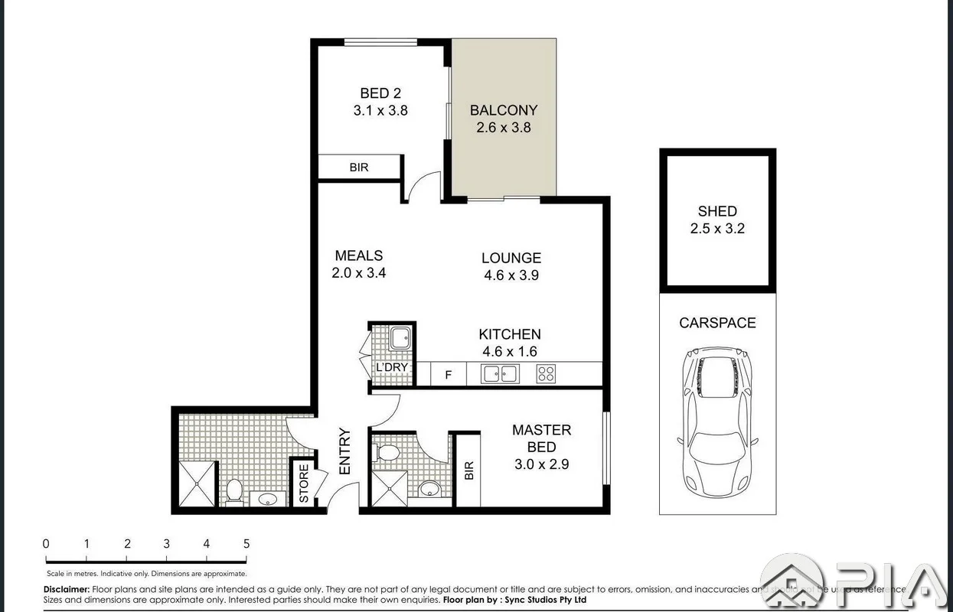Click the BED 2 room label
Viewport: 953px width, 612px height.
click(x=380, y=93)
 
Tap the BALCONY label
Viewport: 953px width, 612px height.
click(x=503, y=110)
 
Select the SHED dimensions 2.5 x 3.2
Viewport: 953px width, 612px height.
click(x=717, y=228)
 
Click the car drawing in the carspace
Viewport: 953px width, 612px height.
click(x=717, y=420)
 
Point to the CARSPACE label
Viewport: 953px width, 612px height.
click(x=717, y=323)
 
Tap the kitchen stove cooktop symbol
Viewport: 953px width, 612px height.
click(x=546, y=374)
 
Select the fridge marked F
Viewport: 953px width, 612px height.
click(x=448, y=375)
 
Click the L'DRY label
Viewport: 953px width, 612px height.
click(x=391, y=368)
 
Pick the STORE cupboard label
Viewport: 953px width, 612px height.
click(x=304, y=483)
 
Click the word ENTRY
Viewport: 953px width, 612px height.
click(x=344, y=451)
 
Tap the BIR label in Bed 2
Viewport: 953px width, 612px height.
click(x=359, y=167)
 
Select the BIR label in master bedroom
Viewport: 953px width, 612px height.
click(x=468, y=470)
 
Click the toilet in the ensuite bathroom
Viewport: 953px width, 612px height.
click(x=388, y=452)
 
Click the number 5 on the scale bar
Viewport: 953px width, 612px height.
click(x=246, y=544)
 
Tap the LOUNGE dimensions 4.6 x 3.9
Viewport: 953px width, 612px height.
click(x=511, y=275)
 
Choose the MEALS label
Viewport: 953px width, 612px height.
click(x=358, y=256)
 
